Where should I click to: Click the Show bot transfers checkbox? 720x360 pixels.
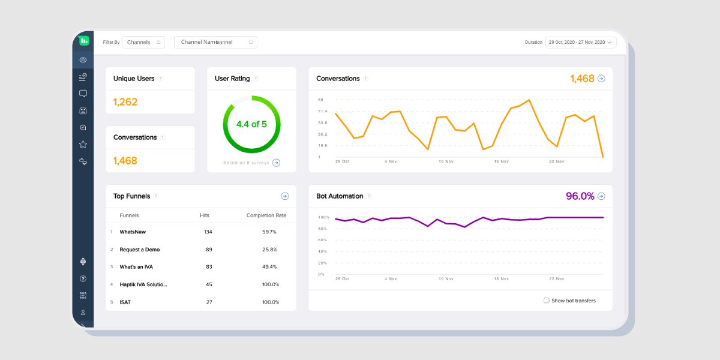click(x=546, y=301)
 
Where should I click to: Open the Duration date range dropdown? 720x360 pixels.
click(x=580, y=42)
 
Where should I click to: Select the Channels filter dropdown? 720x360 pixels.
click(x=143, y=42)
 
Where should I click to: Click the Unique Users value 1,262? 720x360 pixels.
click(x=125, y=102)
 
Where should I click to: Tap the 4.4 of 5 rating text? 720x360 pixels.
click(x=251, y=124)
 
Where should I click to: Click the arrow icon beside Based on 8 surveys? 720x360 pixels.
click(x=276, y=163)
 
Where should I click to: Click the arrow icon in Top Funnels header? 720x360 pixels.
click(x=285, y=196)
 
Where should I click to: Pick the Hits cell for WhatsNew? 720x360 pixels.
click(x=208, y=232)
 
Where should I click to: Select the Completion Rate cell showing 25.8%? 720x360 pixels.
click(x=269, y=249)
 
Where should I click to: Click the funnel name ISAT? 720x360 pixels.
click(x=125, y=302)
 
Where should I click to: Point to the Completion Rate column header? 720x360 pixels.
click(x=266, y=215)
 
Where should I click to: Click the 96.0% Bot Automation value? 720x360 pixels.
click(x=580, y=196)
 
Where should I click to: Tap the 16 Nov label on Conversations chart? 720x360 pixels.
click(x=501, y=161)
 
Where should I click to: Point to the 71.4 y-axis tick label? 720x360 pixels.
click(x=323, y=112)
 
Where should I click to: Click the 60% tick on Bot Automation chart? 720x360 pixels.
click(x=322, y=240)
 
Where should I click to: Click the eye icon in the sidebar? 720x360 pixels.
click(x=83, y=60)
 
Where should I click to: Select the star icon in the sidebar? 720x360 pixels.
click(x=83, y=145)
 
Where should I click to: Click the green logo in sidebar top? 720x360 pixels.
click(x=84, y=41)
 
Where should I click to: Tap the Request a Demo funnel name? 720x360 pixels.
click(x=139, y=249)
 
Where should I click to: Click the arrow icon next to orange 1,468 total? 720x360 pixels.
click(x=601, y=79)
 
